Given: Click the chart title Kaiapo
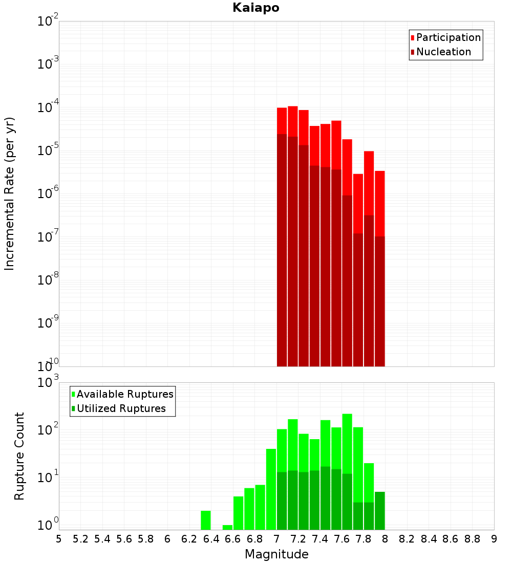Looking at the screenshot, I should [255, 8].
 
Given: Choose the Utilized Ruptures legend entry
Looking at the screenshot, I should [121, 408].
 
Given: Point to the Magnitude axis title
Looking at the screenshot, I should [276, 554].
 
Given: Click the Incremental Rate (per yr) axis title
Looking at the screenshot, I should [10, 193].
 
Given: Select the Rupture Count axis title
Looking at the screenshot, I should [19, 456].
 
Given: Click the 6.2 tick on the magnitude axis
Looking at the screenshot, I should [189, 539].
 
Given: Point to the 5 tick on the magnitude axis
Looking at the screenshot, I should [59, 539].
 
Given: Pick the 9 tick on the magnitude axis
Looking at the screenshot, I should [494, 539].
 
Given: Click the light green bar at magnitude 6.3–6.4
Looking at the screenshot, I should [206, 520].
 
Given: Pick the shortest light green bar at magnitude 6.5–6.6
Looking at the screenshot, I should [227, 527].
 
